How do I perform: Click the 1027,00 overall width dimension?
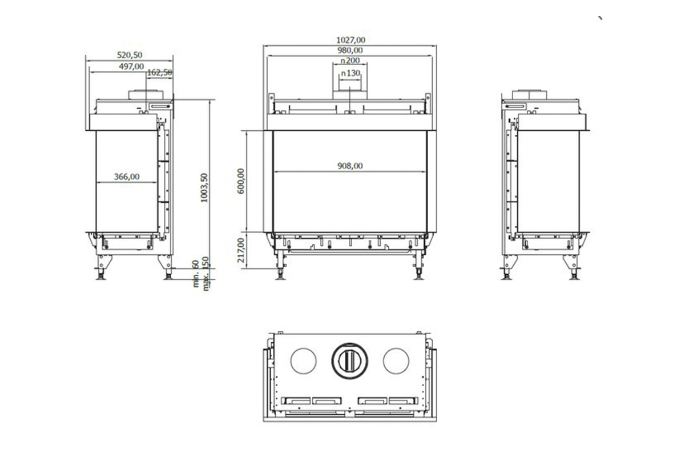point(350,40)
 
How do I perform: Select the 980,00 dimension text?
point(350,50)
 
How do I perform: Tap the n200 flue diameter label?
point(350,61)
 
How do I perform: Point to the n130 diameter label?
point(350,74)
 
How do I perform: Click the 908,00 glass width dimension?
point(350,166)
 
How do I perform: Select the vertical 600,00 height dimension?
point(241,181)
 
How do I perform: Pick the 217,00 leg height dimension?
point(241,250)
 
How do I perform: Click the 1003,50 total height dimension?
point(204,188)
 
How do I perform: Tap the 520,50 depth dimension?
point(130,55)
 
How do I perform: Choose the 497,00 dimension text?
point(131,66)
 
